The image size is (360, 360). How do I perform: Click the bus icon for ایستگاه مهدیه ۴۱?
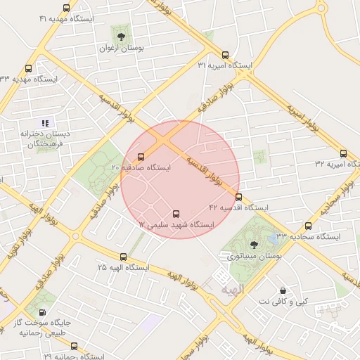coord(66,8)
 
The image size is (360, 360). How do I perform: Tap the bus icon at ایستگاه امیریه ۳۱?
coord(225,55)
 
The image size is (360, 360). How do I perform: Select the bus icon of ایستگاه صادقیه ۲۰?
coord(141,157)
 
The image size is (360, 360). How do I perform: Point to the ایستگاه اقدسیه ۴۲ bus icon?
coord(238,197)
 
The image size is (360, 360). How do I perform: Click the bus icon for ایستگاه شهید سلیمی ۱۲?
coord(176,214)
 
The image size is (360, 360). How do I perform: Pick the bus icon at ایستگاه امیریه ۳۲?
coord(343,153)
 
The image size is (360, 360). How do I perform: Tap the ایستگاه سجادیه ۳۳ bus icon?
coord(309,226)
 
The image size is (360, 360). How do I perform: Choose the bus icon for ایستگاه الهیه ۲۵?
coord(124,257)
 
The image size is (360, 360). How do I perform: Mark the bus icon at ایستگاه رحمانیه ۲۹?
coord(75,346)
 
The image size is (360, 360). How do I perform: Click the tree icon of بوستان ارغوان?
coord(121,37)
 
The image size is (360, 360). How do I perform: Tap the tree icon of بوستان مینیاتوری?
coord(254,244)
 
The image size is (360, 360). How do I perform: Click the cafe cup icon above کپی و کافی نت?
coord(283,290)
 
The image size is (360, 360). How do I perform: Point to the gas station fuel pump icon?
coord(42,313)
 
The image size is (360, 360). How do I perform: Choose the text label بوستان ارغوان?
coord(122,49)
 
